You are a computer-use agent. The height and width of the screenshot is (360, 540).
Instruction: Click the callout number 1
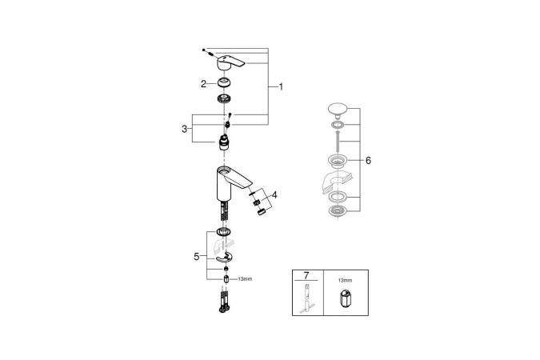click(x=281, y=87)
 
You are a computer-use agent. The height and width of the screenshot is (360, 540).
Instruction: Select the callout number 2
click(x=203, y=84)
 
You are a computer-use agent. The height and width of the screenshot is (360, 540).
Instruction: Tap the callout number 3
click(x=185, y=129)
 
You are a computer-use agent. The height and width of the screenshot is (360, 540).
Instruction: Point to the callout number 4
click(x=274, y=195)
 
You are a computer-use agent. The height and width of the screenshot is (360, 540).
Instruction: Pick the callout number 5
click(x=196, y=257)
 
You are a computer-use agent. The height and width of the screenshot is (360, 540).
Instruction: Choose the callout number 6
click(x=368, y=161)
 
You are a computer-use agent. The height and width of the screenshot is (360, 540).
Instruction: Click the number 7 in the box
click(x=306, y=275)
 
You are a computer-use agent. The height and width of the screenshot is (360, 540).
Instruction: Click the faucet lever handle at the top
click(x=230, y=62)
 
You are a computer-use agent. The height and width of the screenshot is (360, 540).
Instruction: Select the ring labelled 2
click(x=224, y=83)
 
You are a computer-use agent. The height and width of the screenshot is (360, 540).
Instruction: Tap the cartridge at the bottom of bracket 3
click(x=224, y=142)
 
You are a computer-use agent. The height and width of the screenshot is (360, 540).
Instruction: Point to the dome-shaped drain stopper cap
click(x=338, y=110)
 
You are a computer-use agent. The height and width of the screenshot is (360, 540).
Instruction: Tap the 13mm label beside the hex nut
click(x=245, y=278)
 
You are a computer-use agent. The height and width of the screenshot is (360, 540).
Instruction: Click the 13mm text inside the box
click(x=345, y=281)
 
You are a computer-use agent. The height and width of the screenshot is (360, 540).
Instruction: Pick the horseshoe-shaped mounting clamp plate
click(x=224, y=258)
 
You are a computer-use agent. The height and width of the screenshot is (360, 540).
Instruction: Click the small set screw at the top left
click(x=204, y=50)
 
